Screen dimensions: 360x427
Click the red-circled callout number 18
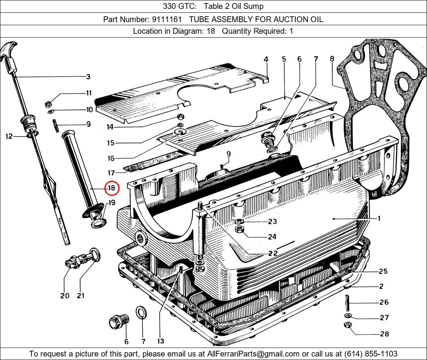(x=111, y=188)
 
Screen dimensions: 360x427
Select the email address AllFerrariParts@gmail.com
(x=253, y=354)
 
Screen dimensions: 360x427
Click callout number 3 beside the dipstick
(x=88, y=77)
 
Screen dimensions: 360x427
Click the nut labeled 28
(x=348, y=325)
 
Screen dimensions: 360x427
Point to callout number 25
(x=383, y=271)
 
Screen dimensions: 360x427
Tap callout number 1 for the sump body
(x=379, y=218)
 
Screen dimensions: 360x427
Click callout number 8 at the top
(x=332, y=59)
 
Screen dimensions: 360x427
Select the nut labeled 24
(x=240, y=230)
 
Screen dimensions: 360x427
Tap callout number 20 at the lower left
(x=64, y=296)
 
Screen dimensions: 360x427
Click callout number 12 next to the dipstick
(x=9, y=136)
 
